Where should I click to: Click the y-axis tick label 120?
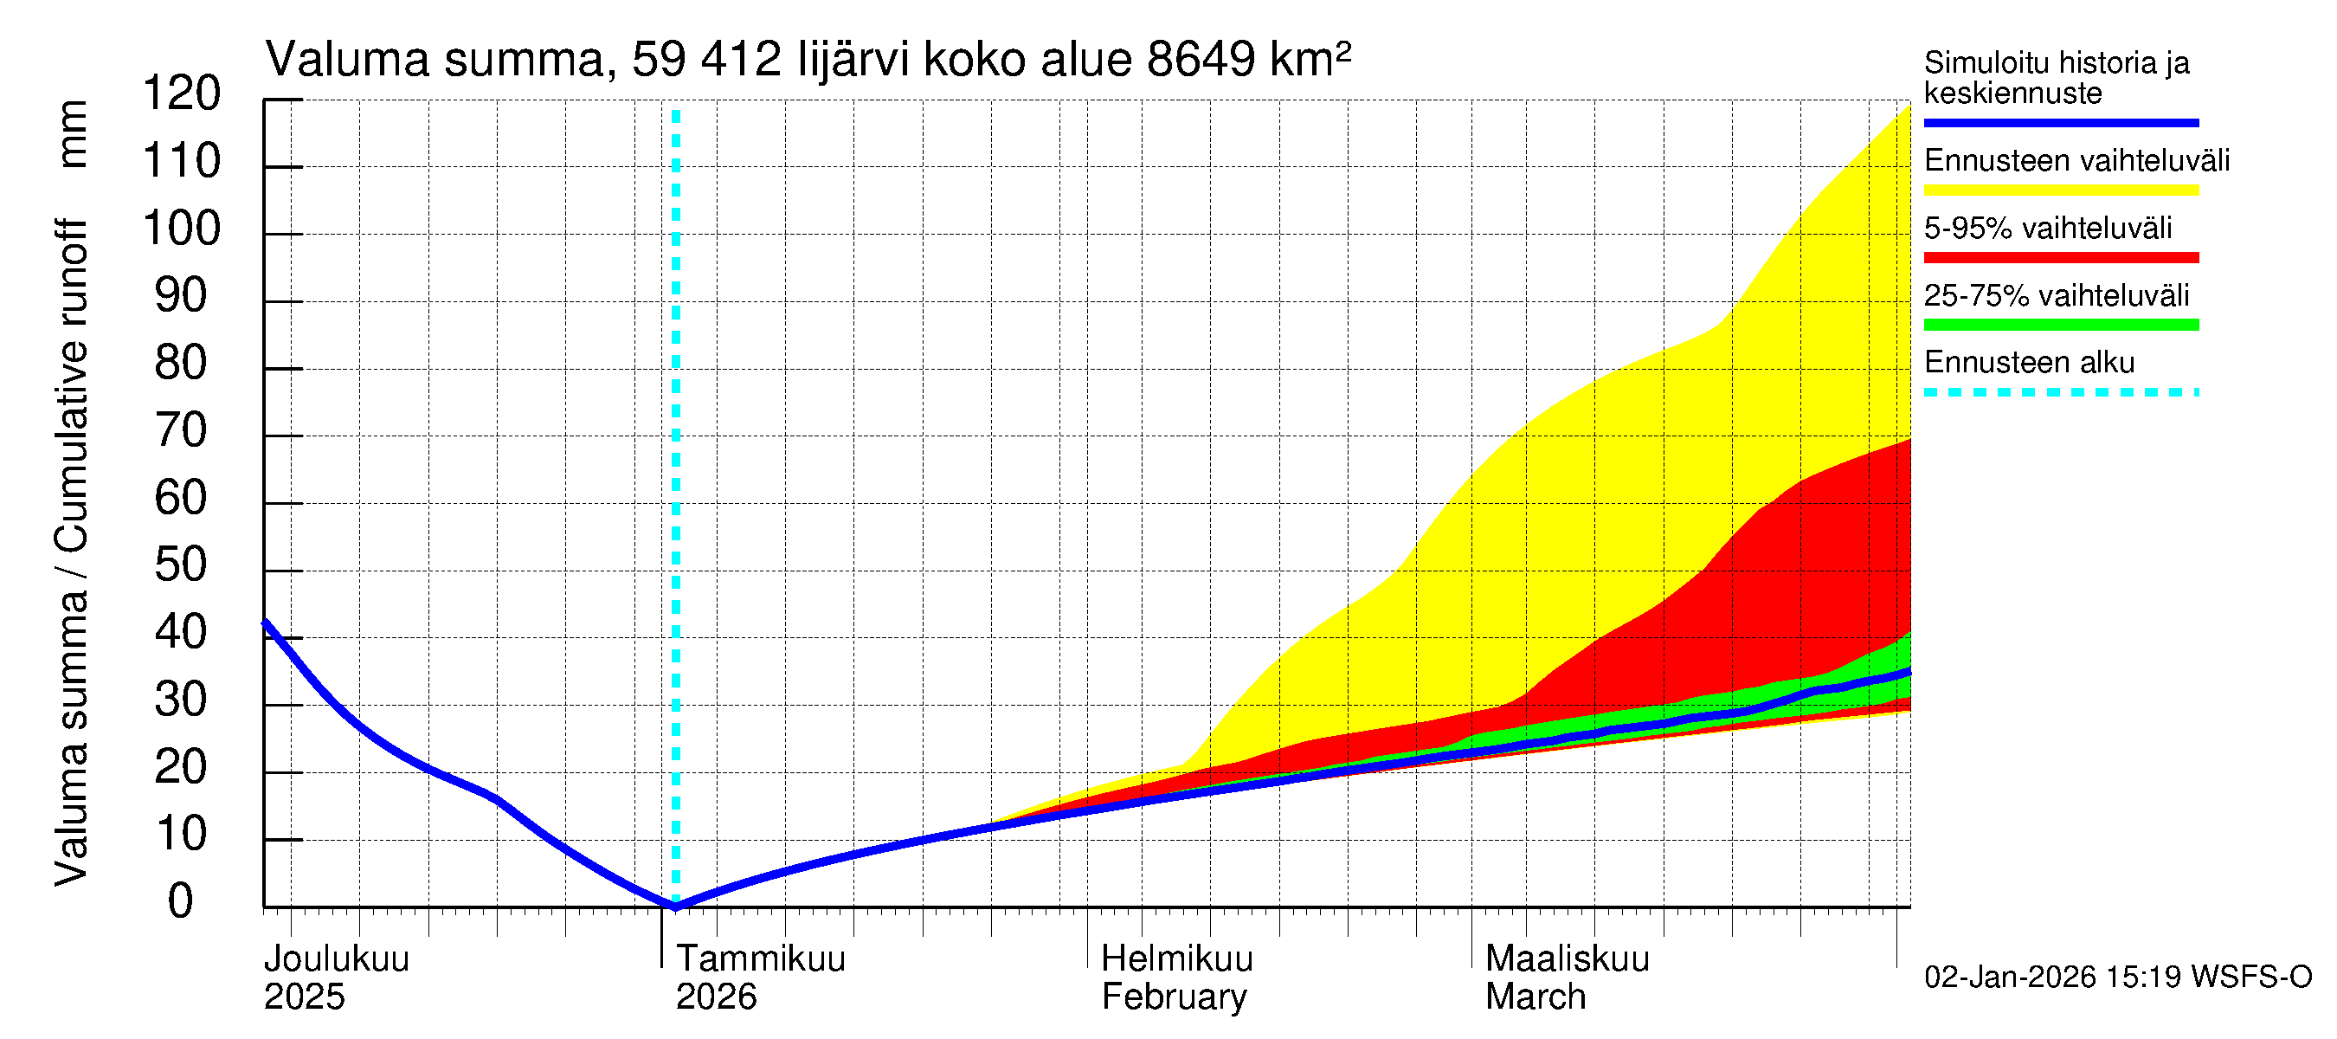coord(182,94)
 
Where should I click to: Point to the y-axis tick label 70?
coord(182,430)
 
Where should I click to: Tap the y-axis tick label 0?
coord(182,901)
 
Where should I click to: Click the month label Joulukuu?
coord(337,958)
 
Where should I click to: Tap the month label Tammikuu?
coord(760,958)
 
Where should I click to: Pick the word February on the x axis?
coord(1174,997)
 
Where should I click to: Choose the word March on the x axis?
coord(1535,997)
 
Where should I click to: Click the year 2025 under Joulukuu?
coord(304,997)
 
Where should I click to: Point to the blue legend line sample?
coord(2060,122)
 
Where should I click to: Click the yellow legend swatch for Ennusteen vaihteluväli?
coord(2060,190)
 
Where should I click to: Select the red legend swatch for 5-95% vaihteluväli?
coord(2060,258)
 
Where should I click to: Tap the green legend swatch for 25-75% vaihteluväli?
coord(2060,325)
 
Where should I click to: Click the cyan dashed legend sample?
coord(2060,393)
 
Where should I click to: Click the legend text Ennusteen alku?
coord(2029,363)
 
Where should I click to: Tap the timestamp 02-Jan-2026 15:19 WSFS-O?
coord(2117,978)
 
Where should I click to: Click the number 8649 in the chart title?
coord(1201,60)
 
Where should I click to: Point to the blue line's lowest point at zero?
coord(675,905)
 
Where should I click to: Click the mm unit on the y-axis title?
coord(73,134)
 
